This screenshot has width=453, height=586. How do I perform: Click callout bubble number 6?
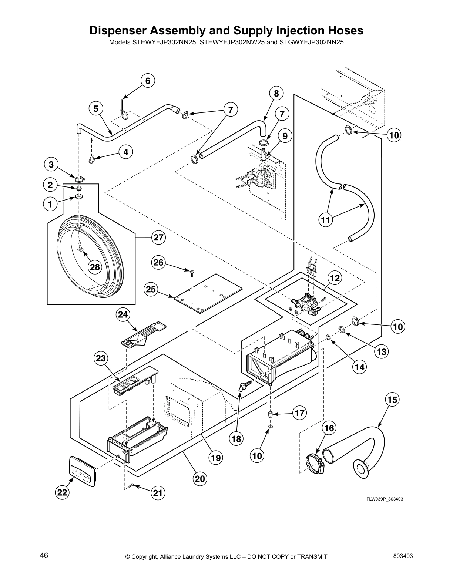(147, 81)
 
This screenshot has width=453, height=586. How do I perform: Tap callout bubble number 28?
(95, 267)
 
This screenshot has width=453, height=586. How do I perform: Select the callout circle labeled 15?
(392, 400)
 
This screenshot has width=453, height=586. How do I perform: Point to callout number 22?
(62, 492)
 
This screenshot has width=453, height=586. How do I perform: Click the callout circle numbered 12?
(335, 278)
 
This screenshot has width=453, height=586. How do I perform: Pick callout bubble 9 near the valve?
(285, 136)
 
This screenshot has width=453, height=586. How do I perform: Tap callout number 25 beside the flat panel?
(151, 289)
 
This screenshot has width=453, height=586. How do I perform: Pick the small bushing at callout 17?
(271, 414)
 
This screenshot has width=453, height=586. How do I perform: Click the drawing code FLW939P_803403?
(384, 499)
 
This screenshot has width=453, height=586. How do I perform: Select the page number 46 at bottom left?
(44, 555)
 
